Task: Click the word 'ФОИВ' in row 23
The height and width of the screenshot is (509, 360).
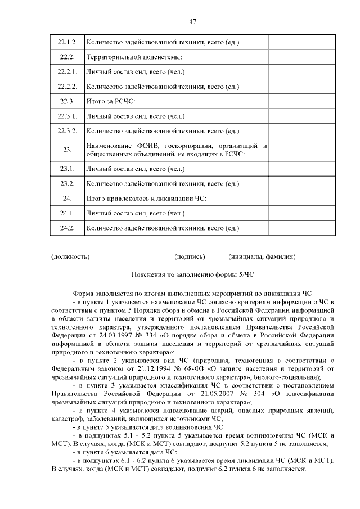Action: click(x=146, y=146)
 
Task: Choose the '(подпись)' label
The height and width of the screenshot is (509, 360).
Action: click(x=190, y=257)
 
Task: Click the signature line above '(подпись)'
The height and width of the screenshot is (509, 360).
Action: click(x=200, y=250)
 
